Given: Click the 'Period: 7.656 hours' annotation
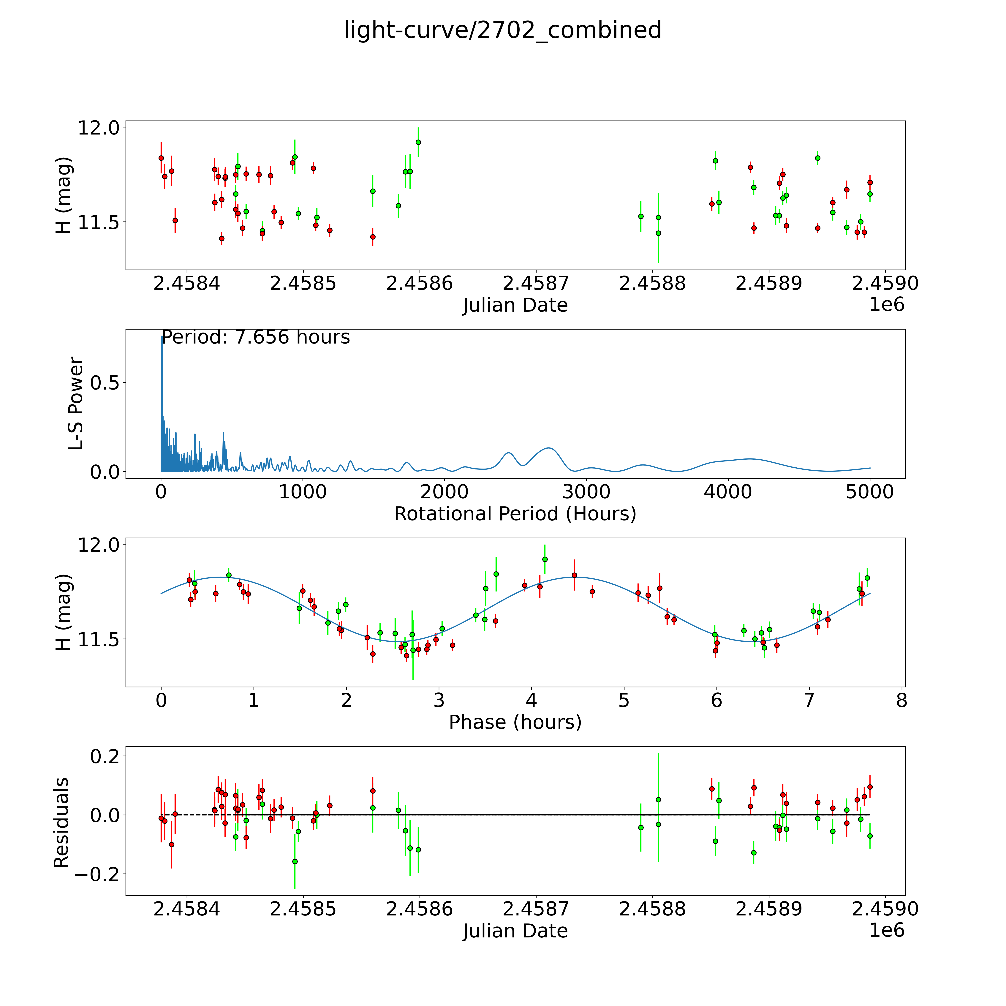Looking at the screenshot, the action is pyautogui.click(x=256, y=337).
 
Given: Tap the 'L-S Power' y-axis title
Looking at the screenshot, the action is pyautogui.click(x=76, y=404).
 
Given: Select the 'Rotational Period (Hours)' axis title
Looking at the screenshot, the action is pyautogui.click(x=515, y=514).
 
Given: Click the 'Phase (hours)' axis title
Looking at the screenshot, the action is pyautogui.click(x=515, y=722).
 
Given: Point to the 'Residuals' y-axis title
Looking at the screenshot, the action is pyautogui.click(x=61, y=822).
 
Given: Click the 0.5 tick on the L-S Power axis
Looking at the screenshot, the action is pyautogui.click(x=105, y=383).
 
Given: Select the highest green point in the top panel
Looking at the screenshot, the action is pyautogui.click(x=418, y=142).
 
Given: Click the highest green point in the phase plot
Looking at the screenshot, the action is pyautogui.click(x=545, y=559).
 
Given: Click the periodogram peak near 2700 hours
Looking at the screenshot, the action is pyautogui.click(x=548, y=448).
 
